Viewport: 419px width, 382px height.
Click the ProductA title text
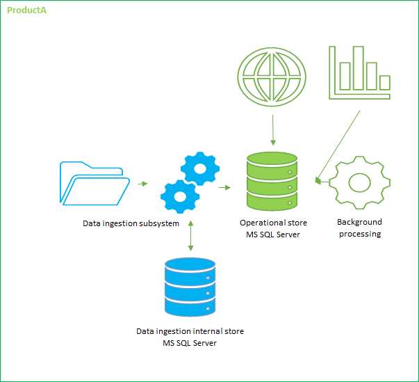tap(26, 10)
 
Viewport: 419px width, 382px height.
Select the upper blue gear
tap(200, 168)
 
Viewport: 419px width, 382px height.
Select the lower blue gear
tap(180, 197)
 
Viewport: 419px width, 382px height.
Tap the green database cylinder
tap(272, 182)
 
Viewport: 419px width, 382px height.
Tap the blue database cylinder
tap(190, 287)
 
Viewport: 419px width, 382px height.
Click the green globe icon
tap(272, 77)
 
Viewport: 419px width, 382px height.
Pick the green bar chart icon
tap(359, 73)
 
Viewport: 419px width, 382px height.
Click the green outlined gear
tap(359, 183)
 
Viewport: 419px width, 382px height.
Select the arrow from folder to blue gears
tap(143, 184)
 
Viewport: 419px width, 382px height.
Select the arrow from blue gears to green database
tap(224, 188)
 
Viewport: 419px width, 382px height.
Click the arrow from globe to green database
tap(273, 130)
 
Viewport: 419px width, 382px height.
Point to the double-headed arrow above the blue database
tap(190, 236)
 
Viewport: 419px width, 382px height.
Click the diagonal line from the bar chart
tap(338, 147)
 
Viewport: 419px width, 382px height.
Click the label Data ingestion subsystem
tap(131, 223)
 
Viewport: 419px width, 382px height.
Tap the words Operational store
tap(273, 223)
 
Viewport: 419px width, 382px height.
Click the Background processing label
tap(360, 228)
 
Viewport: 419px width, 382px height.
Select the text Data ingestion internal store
tap(190, 331)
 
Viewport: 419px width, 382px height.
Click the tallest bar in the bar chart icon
tap(359, 68)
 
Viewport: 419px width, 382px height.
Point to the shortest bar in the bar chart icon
tap(385, 82)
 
